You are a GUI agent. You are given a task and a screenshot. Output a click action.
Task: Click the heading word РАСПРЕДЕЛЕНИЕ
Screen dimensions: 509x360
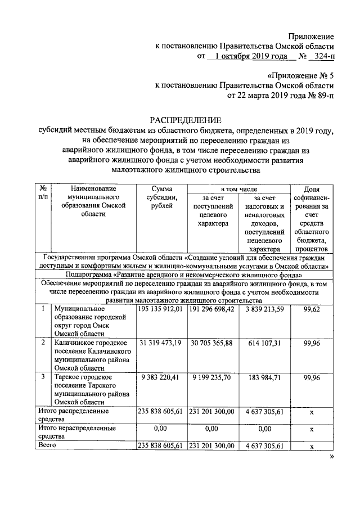185,120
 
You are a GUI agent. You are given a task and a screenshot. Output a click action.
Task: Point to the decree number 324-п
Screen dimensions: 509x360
322,56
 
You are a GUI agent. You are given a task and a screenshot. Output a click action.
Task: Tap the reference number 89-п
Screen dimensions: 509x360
323,96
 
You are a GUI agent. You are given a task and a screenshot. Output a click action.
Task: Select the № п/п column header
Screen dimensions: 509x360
43,194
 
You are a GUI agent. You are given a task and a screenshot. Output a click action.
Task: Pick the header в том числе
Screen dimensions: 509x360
238,190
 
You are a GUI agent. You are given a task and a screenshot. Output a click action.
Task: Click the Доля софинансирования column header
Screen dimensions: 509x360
311,219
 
